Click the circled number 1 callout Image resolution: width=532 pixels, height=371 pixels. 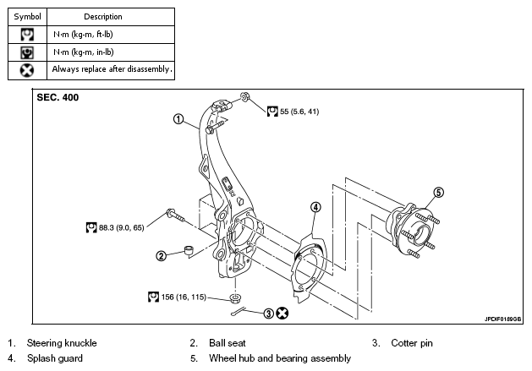(x=178, y=119)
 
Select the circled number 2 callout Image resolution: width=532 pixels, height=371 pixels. (x=162, y=256)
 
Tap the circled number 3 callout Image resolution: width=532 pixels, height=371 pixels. (x=268, y=314)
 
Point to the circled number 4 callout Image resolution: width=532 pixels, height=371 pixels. (x=315, y=207)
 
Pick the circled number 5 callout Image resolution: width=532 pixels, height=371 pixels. (x=439, y=193)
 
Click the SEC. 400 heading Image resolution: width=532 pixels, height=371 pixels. (x=58, y=98)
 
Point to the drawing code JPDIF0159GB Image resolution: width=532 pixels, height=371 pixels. (x=503, y=319)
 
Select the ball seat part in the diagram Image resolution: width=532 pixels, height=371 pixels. (x=189, y=250)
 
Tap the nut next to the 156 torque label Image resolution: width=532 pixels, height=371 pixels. (x=235, y=299)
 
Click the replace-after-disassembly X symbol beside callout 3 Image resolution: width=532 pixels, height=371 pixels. (x=282, y=314)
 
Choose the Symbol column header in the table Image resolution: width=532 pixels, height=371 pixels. (x=27, y=17)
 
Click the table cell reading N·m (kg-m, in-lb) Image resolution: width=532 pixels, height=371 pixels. (x=111, y=52)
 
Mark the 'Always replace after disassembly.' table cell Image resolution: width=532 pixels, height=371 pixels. (x=111, y=70)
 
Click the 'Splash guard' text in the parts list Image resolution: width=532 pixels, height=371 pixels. (x=55, y=358)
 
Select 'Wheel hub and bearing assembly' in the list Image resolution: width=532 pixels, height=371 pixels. (x=280, y=358)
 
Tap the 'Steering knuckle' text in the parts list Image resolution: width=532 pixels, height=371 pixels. (x=62, y=343)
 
